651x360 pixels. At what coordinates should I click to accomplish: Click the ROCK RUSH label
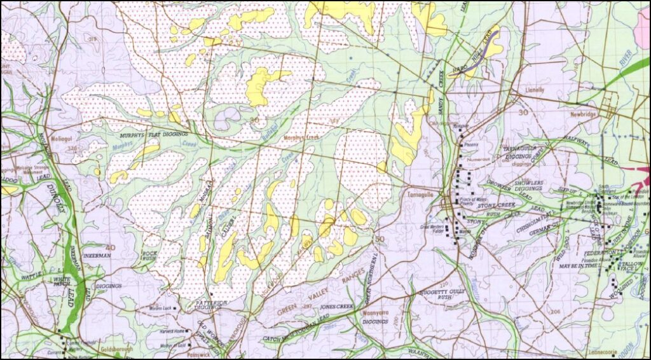149,255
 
